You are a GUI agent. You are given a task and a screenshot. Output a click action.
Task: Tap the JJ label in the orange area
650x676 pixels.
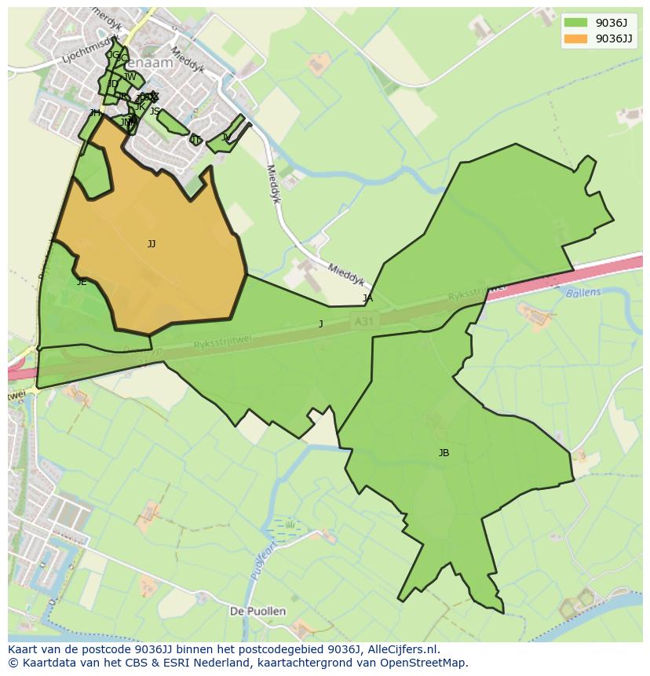click(x=152, y=244)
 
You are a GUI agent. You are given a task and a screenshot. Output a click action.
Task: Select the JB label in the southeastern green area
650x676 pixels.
click(x=444, y=453)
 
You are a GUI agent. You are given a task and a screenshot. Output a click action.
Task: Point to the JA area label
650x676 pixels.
click(x=367, y=298)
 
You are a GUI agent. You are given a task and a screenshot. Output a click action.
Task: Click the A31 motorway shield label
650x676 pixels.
click(x=362, y=320)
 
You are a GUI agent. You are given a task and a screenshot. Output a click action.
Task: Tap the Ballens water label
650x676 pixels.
click(x=582, y=293)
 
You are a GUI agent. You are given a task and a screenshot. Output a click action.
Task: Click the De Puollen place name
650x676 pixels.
click(x=257, y=611)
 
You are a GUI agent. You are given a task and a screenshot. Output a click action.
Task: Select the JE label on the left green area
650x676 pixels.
click(x=82, y=282)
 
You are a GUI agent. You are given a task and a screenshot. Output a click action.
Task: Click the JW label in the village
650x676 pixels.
click(x=130, y=77)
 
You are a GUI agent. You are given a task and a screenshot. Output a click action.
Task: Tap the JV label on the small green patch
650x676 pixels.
click(x=226, y=137)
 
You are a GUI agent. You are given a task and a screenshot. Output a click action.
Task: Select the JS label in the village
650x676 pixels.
click(x=155, y=111)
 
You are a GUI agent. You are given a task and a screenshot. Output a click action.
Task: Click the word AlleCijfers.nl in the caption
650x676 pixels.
click(x=393, y=649)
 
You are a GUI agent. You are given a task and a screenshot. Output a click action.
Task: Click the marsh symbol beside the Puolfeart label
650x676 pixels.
click(x=289, y=524)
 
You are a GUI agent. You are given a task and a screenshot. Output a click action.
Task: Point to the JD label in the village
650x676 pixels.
click(x=114, y=84)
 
